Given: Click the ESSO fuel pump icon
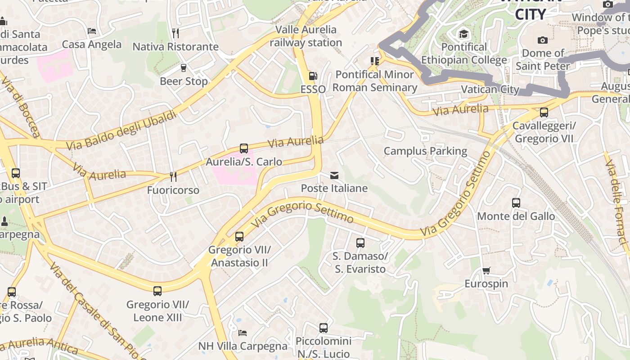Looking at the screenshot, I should (313, 76).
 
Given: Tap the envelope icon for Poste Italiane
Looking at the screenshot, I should (334, 175).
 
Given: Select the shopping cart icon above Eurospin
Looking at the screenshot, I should (486, 270).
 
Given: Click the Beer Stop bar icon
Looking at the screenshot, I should (184, 68).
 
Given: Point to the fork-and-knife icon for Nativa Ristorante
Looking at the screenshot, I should (175, 33).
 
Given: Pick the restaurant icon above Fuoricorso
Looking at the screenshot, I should (173, 176).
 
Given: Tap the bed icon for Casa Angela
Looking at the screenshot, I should (92, 31).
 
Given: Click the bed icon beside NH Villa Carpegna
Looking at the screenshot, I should (243, 333).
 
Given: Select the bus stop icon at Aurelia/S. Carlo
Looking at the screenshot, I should (244, 148).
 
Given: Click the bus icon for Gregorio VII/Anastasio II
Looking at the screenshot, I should (239, 236).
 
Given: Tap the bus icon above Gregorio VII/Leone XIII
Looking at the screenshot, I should (157, 291).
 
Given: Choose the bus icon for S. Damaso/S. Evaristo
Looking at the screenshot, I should (360, 243).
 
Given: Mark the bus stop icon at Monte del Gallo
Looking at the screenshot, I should (516, 203).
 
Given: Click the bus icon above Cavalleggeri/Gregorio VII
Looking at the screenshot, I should (544, 112).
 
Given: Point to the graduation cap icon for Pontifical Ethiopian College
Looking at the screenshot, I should (463, 34).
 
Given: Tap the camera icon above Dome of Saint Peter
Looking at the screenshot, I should (543, 40).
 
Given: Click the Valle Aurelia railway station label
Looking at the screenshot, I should (306, 36).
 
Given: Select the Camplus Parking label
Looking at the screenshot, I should (425, 151).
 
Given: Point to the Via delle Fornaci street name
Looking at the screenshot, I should (616, 202).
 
